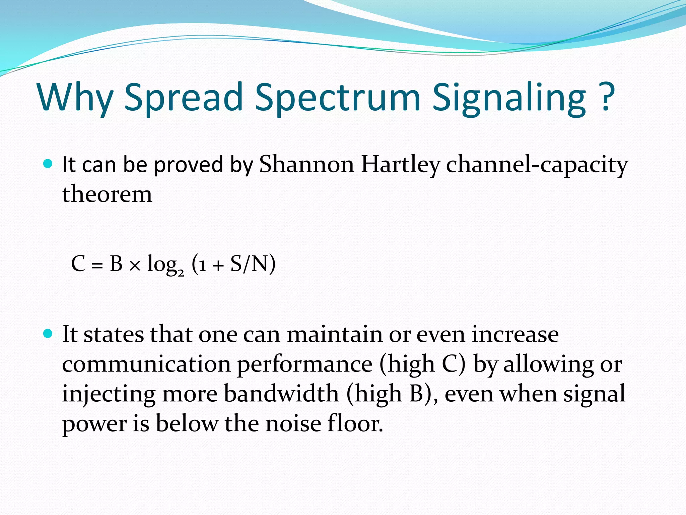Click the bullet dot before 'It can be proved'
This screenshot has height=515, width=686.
(48, 164)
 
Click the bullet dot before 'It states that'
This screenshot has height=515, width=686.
(48, 334)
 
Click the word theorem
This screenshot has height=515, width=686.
(107, 194)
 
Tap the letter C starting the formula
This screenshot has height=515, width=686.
(78, 264)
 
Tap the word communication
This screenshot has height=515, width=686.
(146, 364)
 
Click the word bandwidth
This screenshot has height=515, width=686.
(281, 393)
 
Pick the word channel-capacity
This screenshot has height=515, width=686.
(537, 165)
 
